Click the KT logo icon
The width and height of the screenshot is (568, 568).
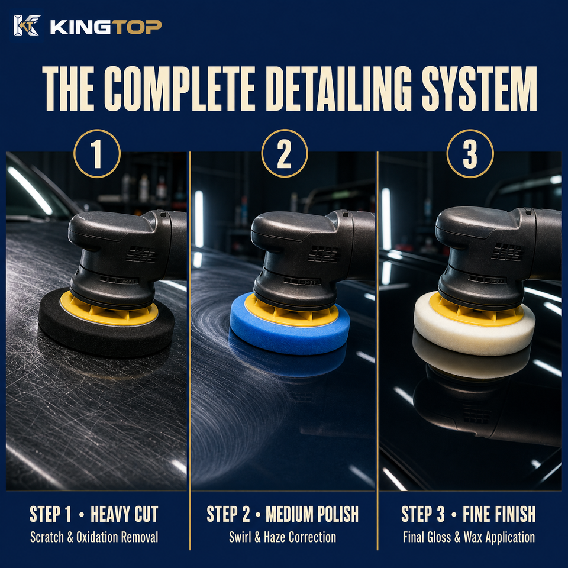(27, 25)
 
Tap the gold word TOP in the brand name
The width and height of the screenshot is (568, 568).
(136, 27)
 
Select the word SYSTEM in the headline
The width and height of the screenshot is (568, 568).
(479, 88)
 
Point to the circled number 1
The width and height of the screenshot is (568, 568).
(96, 154)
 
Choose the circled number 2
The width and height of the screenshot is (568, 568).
(285, 154)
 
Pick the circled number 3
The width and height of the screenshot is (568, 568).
(470, 154)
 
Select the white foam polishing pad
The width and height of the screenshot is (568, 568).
(475, 333)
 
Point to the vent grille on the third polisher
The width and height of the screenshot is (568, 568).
(506, 252)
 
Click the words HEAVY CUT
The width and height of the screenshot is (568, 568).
(124, 514)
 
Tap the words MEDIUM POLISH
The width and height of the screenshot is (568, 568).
(312, 514)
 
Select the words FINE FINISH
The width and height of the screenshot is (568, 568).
(499, 514)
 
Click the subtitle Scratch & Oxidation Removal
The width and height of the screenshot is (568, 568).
(94, 537)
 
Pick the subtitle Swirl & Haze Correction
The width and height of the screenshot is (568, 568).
(283, 537)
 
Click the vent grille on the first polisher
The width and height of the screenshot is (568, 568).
(141, 254)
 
